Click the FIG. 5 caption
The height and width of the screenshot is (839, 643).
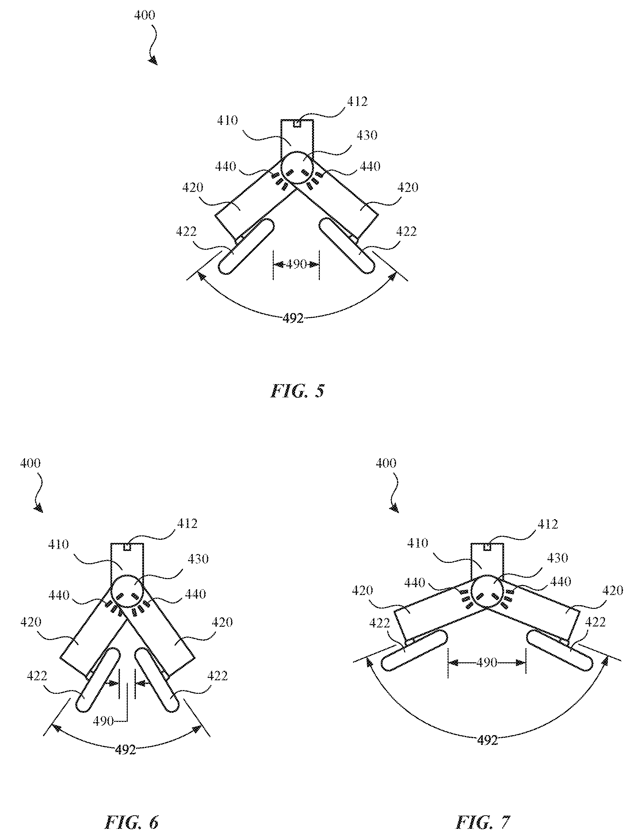point(297,391)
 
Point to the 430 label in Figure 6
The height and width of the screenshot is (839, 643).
point(198,559)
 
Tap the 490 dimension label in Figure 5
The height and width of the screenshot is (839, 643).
point(297,264)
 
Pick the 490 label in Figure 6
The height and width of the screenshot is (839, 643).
point(103,721)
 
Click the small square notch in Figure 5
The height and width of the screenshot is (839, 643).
point(297,124)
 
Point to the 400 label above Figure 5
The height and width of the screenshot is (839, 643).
point(145,16)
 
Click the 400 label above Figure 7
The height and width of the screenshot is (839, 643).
point(386,463)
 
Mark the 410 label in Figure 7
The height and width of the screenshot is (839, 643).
point(418,543)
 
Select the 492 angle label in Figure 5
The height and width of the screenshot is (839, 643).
point(293,318)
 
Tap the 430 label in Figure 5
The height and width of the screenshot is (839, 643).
point(367,135)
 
